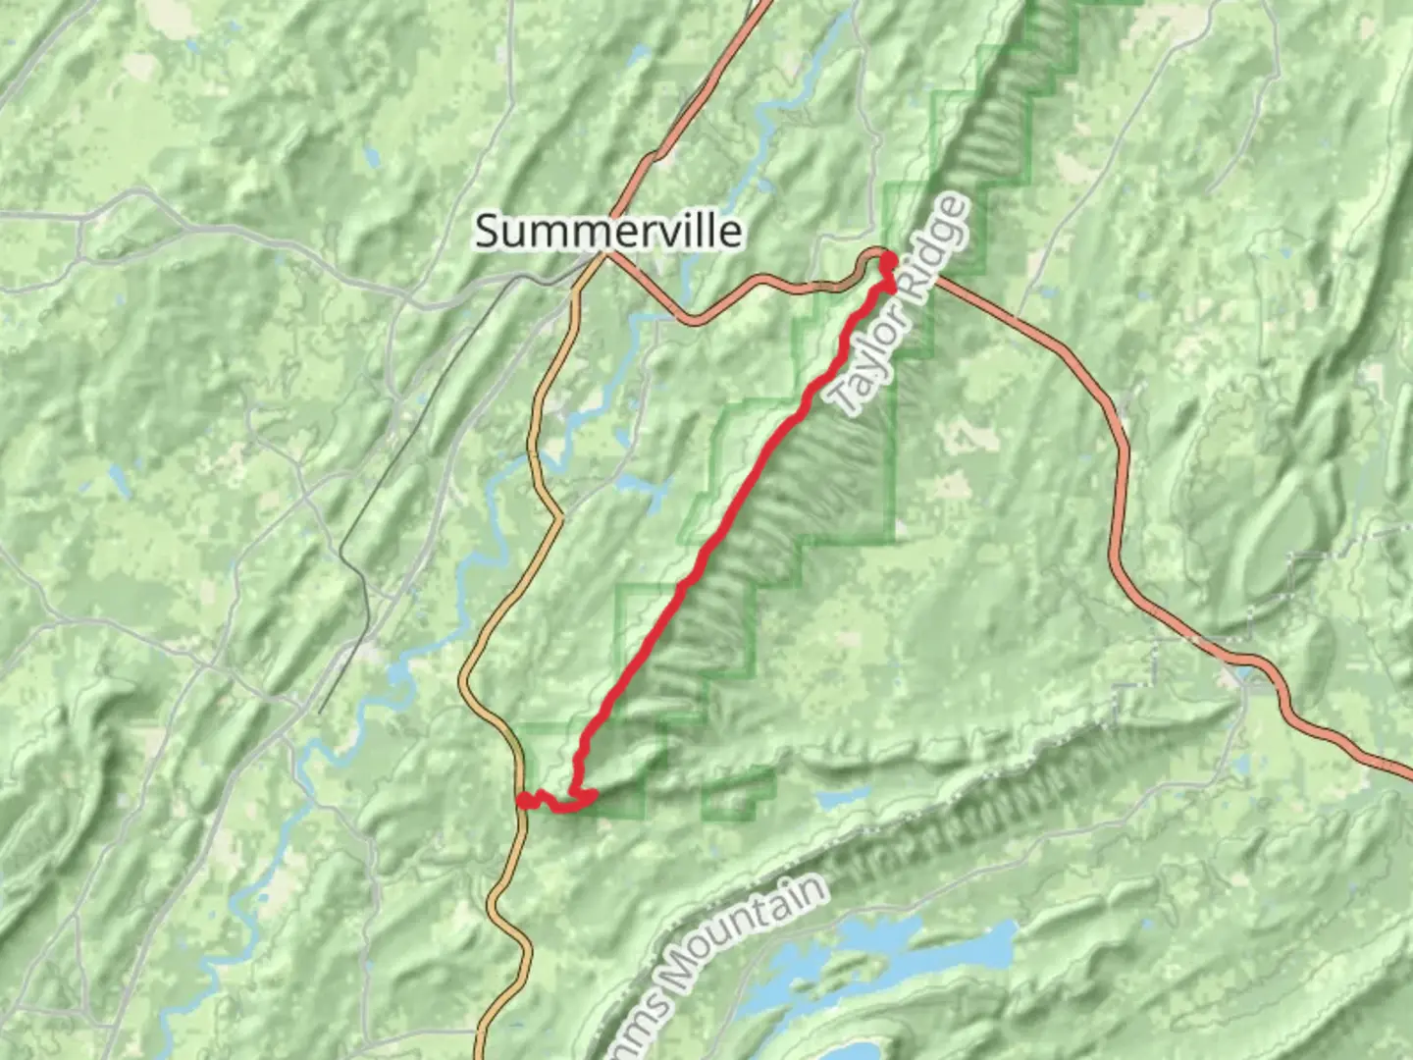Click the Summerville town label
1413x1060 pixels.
[x=607, y=232]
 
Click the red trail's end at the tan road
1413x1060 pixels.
[x=526, y=801]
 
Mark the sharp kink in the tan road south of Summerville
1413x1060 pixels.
[x=558, y=514]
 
